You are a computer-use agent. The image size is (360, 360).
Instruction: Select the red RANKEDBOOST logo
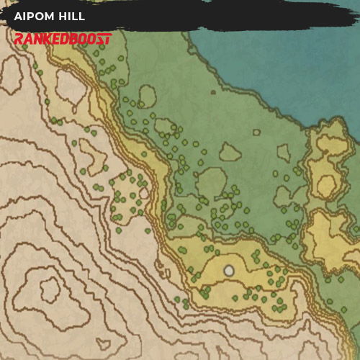pyautogui.click(x=63, y=38)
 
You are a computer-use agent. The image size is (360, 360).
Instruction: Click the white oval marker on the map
pyautogui.click(x=229, y=271)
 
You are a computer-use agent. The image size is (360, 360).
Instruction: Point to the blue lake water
pyautogui.click(x=288, y=65)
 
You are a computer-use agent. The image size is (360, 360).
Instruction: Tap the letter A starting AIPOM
pyautogui.click(x=17, y=16)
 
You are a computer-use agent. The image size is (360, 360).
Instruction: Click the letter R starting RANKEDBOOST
pyautogui.click(x=19, y=38)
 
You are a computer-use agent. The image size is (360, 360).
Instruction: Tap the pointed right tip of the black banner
pyautogui.click(x=357, y=16)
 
